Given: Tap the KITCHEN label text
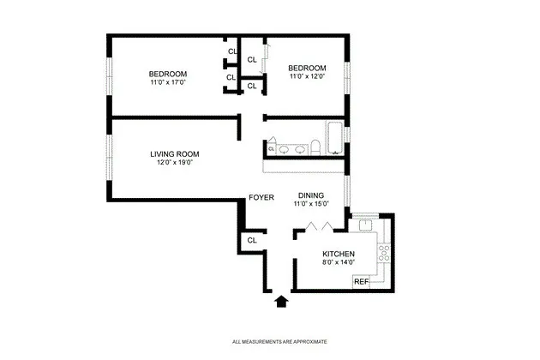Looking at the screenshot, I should click(x=339, y=254).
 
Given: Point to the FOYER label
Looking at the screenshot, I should click(x=261, y=198).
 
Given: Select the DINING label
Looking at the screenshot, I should click(x=311, y=195).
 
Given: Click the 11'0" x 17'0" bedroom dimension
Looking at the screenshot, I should click(x=168, y=82).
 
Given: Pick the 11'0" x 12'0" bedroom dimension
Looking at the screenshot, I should click(x=307, y=77).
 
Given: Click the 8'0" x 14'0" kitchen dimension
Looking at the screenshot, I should click(x=339, y=262).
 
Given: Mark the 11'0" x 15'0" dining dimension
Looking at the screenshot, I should click(x=311, y=203).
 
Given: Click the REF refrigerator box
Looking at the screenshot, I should click(x=362, y=281).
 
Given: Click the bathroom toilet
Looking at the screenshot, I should click(x=315, y=148).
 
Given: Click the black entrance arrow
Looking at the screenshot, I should click(x=280, y=300).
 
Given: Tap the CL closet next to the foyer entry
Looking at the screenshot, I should click(x=251, y=241).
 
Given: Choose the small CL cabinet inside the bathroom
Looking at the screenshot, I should click(x=271, y=149).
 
